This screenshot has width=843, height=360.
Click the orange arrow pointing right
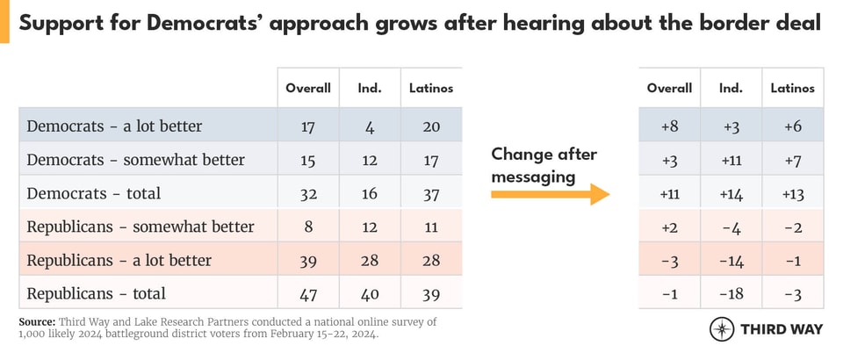click(550, 193)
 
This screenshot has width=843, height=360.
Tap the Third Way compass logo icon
click(722, 328)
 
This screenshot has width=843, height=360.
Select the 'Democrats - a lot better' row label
click(114, 126)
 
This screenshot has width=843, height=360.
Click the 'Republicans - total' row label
click(96, 293)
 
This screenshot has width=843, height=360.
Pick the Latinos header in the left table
click(431, 88)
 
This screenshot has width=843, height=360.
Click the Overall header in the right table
click(669, 88)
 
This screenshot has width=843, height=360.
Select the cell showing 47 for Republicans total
click(308, 293)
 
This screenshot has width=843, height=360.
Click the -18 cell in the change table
click(731, 293)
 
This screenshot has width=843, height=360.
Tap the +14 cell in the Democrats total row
click(731, 193)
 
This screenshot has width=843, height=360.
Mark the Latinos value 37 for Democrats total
click(431, 193)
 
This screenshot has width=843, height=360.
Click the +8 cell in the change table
click(669, 126)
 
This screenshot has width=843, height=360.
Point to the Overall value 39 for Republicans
click(308, 260)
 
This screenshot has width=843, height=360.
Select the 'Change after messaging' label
click(544, 165)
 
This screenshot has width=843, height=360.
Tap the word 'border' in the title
click(702, 25)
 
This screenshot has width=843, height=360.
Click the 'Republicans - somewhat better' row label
click(140, 227)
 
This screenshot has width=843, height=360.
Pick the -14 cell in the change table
click(731, 260)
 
